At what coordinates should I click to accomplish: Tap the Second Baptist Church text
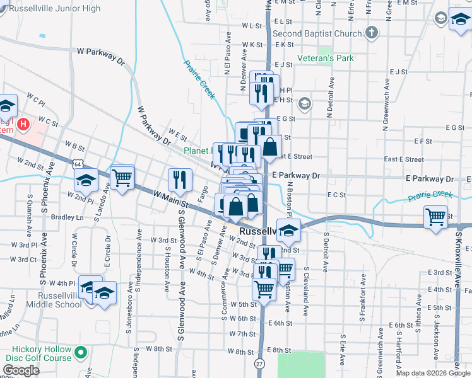(317, 33)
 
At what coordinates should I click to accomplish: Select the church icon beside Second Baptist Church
(372, 32)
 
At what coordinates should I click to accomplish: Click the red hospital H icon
(24, 124)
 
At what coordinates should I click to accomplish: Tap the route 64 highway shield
(76, 163)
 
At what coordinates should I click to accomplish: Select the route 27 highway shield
(261, 364)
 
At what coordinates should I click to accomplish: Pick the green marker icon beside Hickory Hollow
(80, 352)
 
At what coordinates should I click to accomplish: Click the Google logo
(21, 370)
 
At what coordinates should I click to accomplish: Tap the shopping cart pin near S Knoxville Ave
(435, 217)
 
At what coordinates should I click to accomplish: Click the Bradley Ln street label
(67, 217)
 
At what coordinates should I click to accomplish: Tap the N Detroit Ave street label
(329, 98)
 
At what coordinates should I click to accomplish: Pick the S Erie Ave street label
(343, 350)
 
